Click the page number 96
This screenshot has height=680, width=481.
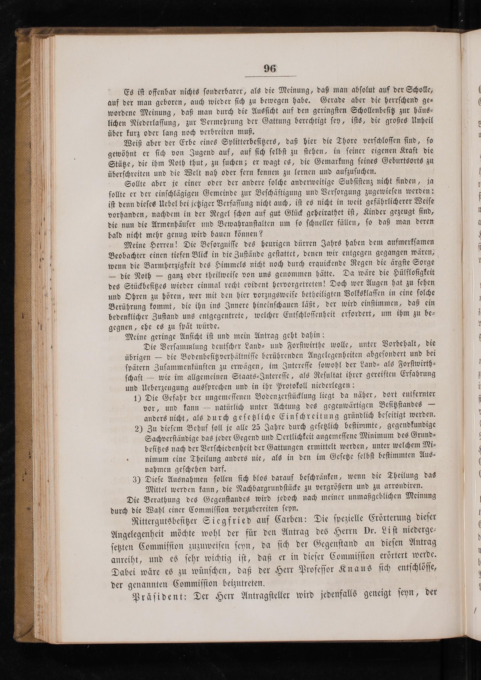(270, 69)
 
